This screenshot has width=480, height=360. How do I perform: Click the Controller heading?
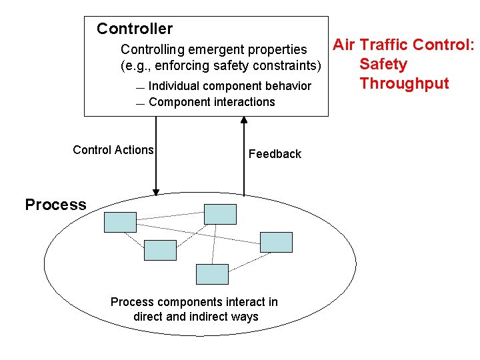pos(134,29)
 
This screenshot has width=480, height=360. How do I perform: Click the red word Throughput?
pos(404,83)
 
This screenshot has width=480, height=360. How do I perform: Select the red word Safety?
pos(383,64)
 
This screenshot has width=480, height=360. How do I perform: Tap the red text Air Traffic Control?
pos(403,45)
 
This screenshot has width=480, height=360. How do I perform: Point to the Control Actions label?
pos(113,150)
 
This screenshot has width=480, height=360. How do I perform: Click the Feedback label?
pos(275,154)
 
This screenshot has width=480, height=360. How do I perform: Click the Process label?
pos(55,205)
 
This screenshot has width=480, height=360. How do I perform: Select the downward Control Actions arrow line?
pos(157,153)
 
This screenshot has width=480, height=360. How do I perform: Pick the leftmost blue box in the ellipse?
pos(120,222)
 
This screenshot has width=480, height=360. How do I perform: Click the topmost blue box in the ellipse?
pos(220,214)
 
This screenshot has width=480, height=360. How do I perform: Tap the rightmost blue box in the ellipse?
pos(276,242)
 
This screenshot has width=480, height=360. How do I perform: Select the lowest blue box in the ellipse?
pos(212,274)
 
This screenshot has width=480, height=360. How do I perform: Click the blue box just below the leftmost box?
pos(160,250)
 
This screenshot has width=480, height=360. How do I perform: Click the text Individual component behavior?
pos(229,86)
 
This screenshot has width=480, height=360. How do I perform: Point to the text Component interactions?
pos(211,102)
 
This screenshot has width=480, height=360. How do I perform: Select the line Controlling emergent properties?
pos(213,49)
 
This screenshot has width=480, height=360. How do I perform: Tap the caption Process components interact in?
pos(194,302)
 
